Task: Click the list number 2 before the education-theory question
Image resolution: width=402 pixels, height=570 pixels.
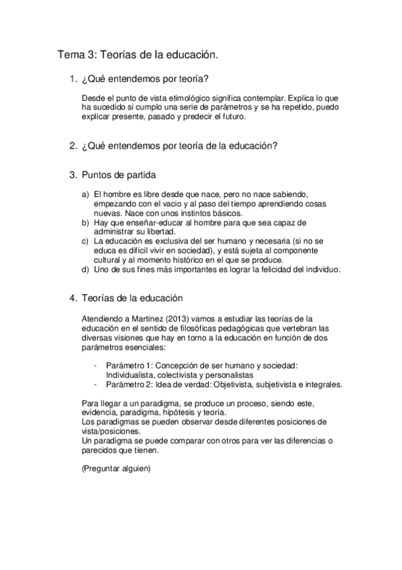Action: (72, 145)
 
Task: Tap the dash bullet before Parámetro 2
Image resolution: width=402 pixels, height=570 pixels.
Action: (99, 384)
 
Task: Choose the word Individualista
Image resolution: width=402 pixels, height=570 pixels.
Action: (131, 374)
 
